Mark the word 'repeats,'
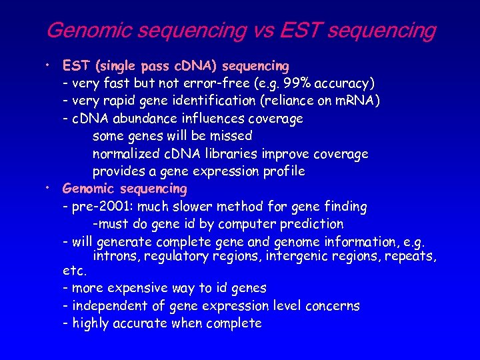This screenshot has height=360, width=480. [x=411, y=256]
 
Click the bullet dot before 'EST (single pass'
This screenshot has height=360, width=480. [x=49, y=65]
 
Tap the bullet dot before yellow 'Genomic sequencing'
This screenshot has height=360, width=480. [x=49, y=188]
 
